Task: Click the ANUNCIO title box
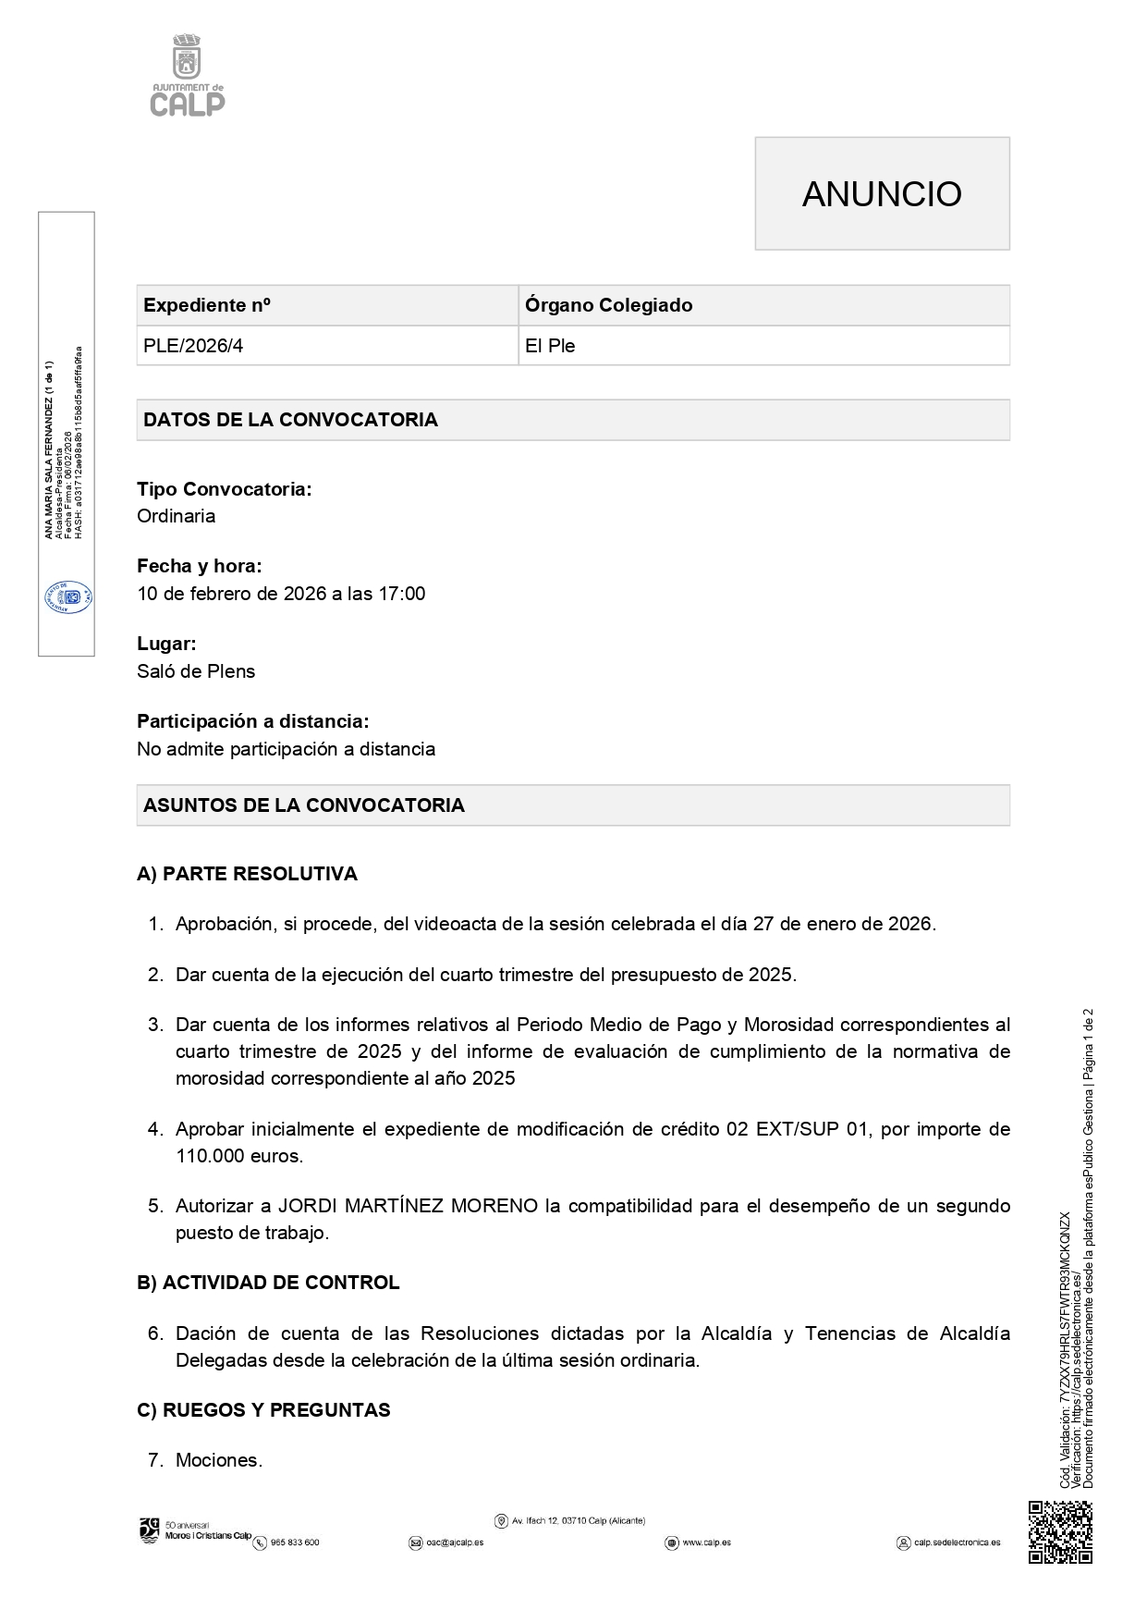click(882, 193)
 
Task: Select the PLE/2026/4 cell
click(193, 346)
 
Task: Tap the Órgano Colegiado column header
click(608, 305)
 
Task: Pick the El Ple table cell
click(550, 346)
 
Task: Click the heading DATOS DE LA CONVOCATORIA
click(290, 420)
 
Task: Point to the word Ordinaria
click(177, 516)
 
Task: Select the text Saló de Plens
click(196, 671)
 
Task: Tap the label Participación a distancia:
click(252, 721)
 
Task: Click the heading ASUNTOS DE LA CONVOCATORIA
click(304, 805)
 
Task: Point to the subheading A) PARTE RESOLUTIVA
click(247, 874)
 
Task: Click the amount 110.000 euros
click(239, 1156)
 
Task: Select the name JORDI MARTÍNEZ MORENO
click(409, 1206)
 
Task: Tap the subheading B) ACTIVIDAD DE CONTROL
click(268, 1283)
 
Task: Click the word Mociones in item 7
click(219, 1460)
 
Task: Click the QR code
click(1060, 1532)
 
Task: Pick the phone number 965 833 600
click(294, 1542)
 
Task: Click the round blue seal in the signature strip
click(67, 596)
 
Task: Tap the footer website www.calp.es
click(706, 1542)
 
